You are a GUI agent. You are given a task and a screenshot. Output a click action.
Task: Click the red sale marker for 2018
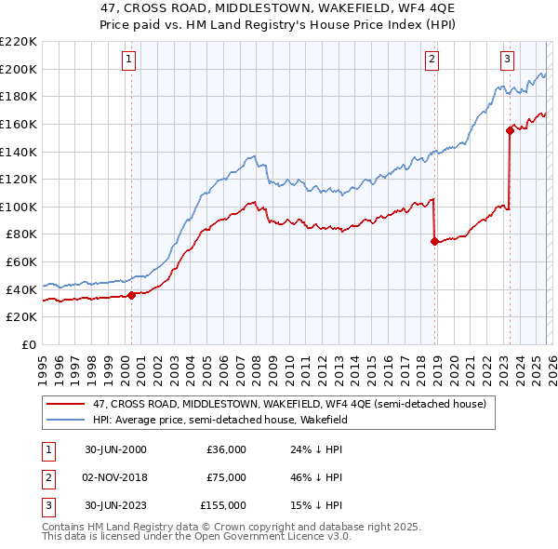(434, 241)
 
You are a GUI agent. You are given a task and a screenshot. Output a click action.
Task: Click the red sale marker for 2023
(510, 130)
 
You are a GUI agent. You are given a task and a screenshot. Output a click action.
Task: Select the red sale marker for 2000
(131, 295)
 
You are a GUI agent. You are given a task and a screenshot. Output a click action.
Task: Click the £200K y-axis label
(19, 69)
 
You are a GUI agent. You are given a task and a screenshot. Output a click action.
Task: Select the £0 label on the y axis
(27, 344)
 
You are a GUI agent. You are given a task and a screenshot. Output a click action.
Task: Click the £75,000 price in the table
(226, 477)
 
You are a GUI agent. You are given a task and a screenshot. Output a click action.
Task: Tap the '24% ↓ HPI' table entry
(317, 449)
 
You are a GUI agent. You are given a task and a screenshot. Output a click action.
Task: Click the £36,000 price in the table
(226, 449)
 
